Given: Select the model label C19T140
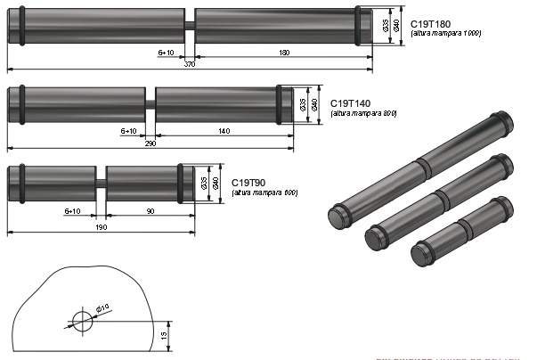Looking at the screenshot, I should coord(352,103).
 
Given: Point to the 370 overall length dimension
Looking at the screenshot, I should coord(190,65).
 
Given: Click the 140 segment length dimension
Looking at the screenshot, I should coord(224,132).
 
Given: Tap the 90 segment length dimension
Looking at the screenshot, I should coord(149,212).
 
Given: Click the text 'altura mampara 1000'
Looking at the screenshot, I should coord(447,34).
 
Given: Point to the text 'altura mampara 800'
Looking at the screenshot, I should coord(362,114).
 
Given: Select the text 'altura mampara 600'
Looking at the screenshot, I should coord(264,193).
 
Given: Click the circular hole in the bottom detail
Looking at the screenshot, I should coord(82,321).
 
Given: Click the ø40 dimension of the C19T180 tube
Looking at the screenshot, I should coord(397,27).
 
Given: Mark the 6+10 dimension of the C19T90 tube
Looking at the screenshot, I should coord(73,212).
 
